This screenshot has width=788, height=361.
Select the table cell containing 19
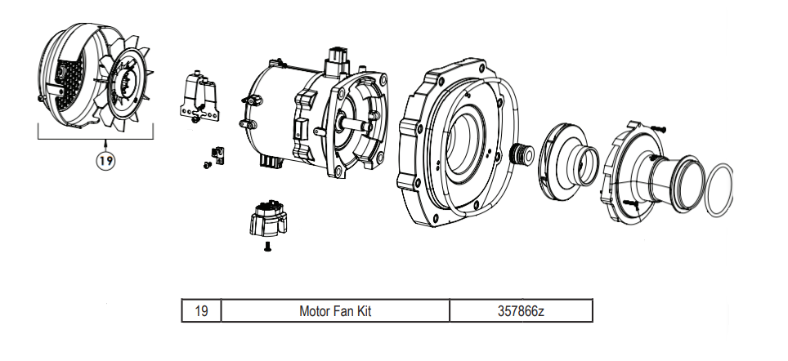pos(201,311)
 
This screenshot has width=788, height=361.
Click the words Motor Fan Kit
pos(335,311)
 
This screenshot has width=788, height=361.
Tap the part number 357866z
pos(520,311)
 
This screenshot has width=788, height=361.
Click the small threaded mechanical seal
pos(519,154)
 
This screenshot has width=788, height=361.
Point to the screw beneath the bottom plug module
pos(266,246)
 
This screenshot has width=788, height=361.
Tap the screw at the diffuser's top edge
pos(660,127)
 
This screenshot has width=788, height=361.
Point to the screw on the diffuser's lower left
pos(629,201)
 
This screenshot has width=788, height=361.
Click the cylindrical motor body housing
pos(274,114)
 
